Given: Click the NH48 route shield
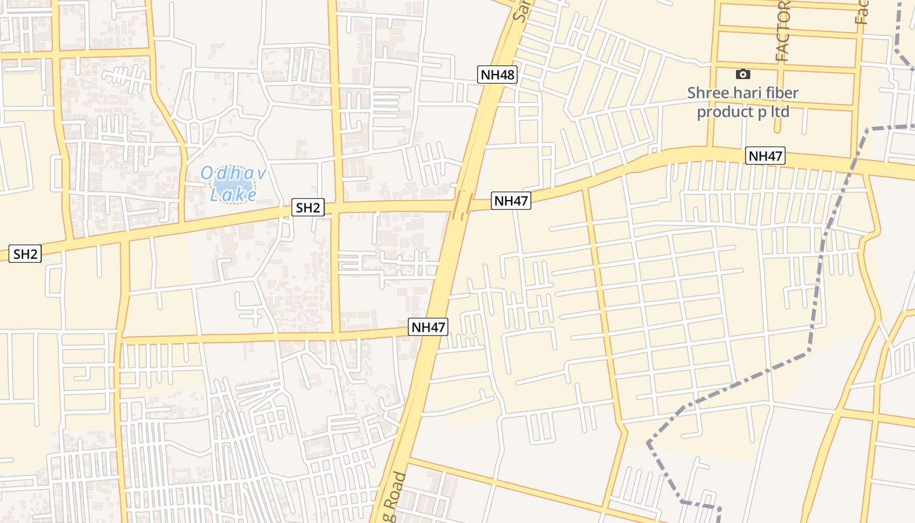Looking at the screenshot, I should point(497,74).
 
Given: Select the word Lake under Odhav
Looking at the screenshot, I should point(233,194).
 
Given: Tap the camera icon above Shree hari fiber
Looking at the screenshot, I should point(743,74).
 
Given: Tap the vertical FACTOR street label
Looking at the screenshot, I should point(783,33).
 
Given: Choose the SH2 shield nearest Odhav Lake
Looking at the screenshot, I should point(308,208).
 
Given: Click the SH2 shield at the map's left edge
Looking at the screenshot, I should point(25,254).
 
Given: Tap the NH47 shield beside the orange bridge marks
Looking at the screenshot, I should point(511,201).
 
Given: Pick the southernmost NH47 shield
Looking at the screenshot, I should point(428,327).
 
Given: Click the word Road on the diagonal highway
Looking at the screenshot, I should point(396,497).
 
